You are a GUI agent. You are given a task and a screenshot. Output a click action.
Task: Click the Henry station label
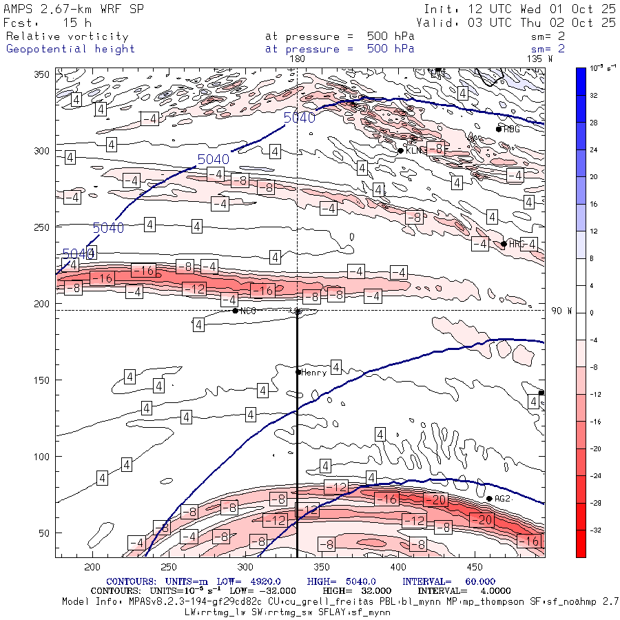[314, 372]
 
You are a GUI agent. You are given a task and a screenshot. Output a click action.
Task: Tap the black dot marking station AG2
[489, 499]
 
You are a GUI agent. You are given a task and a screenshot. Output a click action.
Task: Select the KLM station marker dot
[400, 151]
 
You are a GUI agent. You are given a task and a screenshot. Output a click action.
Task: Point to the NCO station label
[248, 311]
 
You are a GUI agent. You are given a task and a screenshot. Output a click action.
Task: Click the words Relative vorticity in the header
[67, 37]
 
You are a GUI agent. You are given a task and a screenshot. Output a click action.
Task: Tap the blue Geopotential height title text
[71, 49]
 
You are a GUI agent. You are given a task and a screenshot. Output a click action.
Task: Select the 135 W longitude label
[539, 59]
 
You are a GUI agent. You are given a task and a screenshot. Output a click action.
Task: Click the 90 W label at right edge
[561, 311]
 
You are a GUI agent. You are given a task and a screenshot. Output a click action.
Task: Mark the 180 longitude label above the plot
[297, 59]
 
